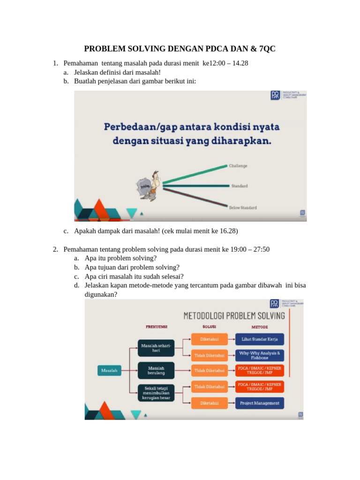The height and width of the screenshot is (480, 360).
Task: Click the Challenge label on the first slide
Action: pos(238,166)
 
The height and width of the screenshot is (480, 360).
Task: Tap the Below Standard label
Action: pos(242,207)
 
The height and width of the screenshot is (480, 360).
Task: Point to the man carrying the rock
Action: pos(147,184)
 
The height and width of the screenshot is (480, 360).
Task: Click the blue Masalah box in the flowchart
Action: pos(110,370)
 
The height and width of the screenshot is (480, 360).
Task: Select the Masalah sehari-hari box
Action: pos(155,348)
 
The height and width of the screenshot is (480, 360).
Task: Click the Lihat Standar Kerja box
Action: pos(260,339)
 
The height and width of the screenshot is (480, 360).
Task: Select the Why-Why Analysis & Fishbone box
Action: pos(260,355)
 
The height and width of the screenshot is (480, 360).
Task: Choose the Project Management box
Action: pos(260,403)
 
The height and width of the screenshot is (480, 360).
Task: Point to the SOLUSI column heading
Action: pos(209,327)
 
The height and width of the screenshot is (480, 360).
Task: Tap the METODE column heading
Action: pos(260,327)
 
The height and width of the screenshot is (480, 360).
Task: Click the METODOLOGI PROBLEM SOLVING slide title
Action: pos(234,315)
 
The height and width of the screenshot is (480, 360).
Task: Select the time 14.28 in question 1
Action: pos(240,63)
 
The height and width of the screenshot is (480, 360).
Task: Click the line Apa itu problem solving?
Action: pos(121,258)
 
